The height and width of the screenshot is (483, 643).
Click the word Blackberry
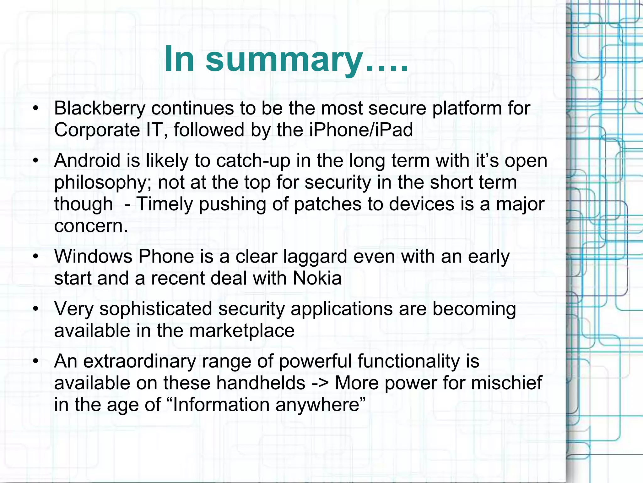coord(100,108)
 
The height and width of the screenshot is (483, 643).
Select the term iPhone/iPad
coord(361,130)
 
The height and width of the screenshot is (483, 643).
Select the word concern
coord(91,226)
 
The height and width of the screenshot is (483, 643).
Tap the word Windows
coord(93,257)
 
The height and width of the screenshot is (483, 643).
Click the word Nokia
coord(317,278)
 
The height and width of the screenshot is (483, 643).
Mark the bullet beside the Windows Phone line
coord(36,257)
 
